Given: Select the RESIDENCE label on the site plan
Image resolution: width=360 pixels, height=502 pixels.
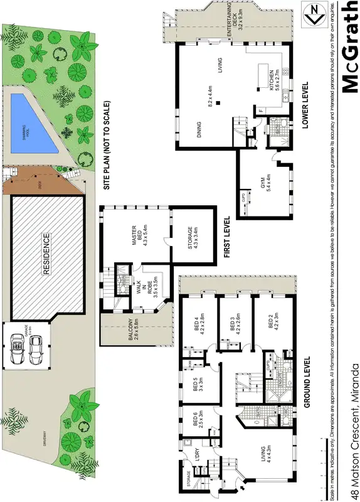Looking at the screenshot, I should tap(46, 254).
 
